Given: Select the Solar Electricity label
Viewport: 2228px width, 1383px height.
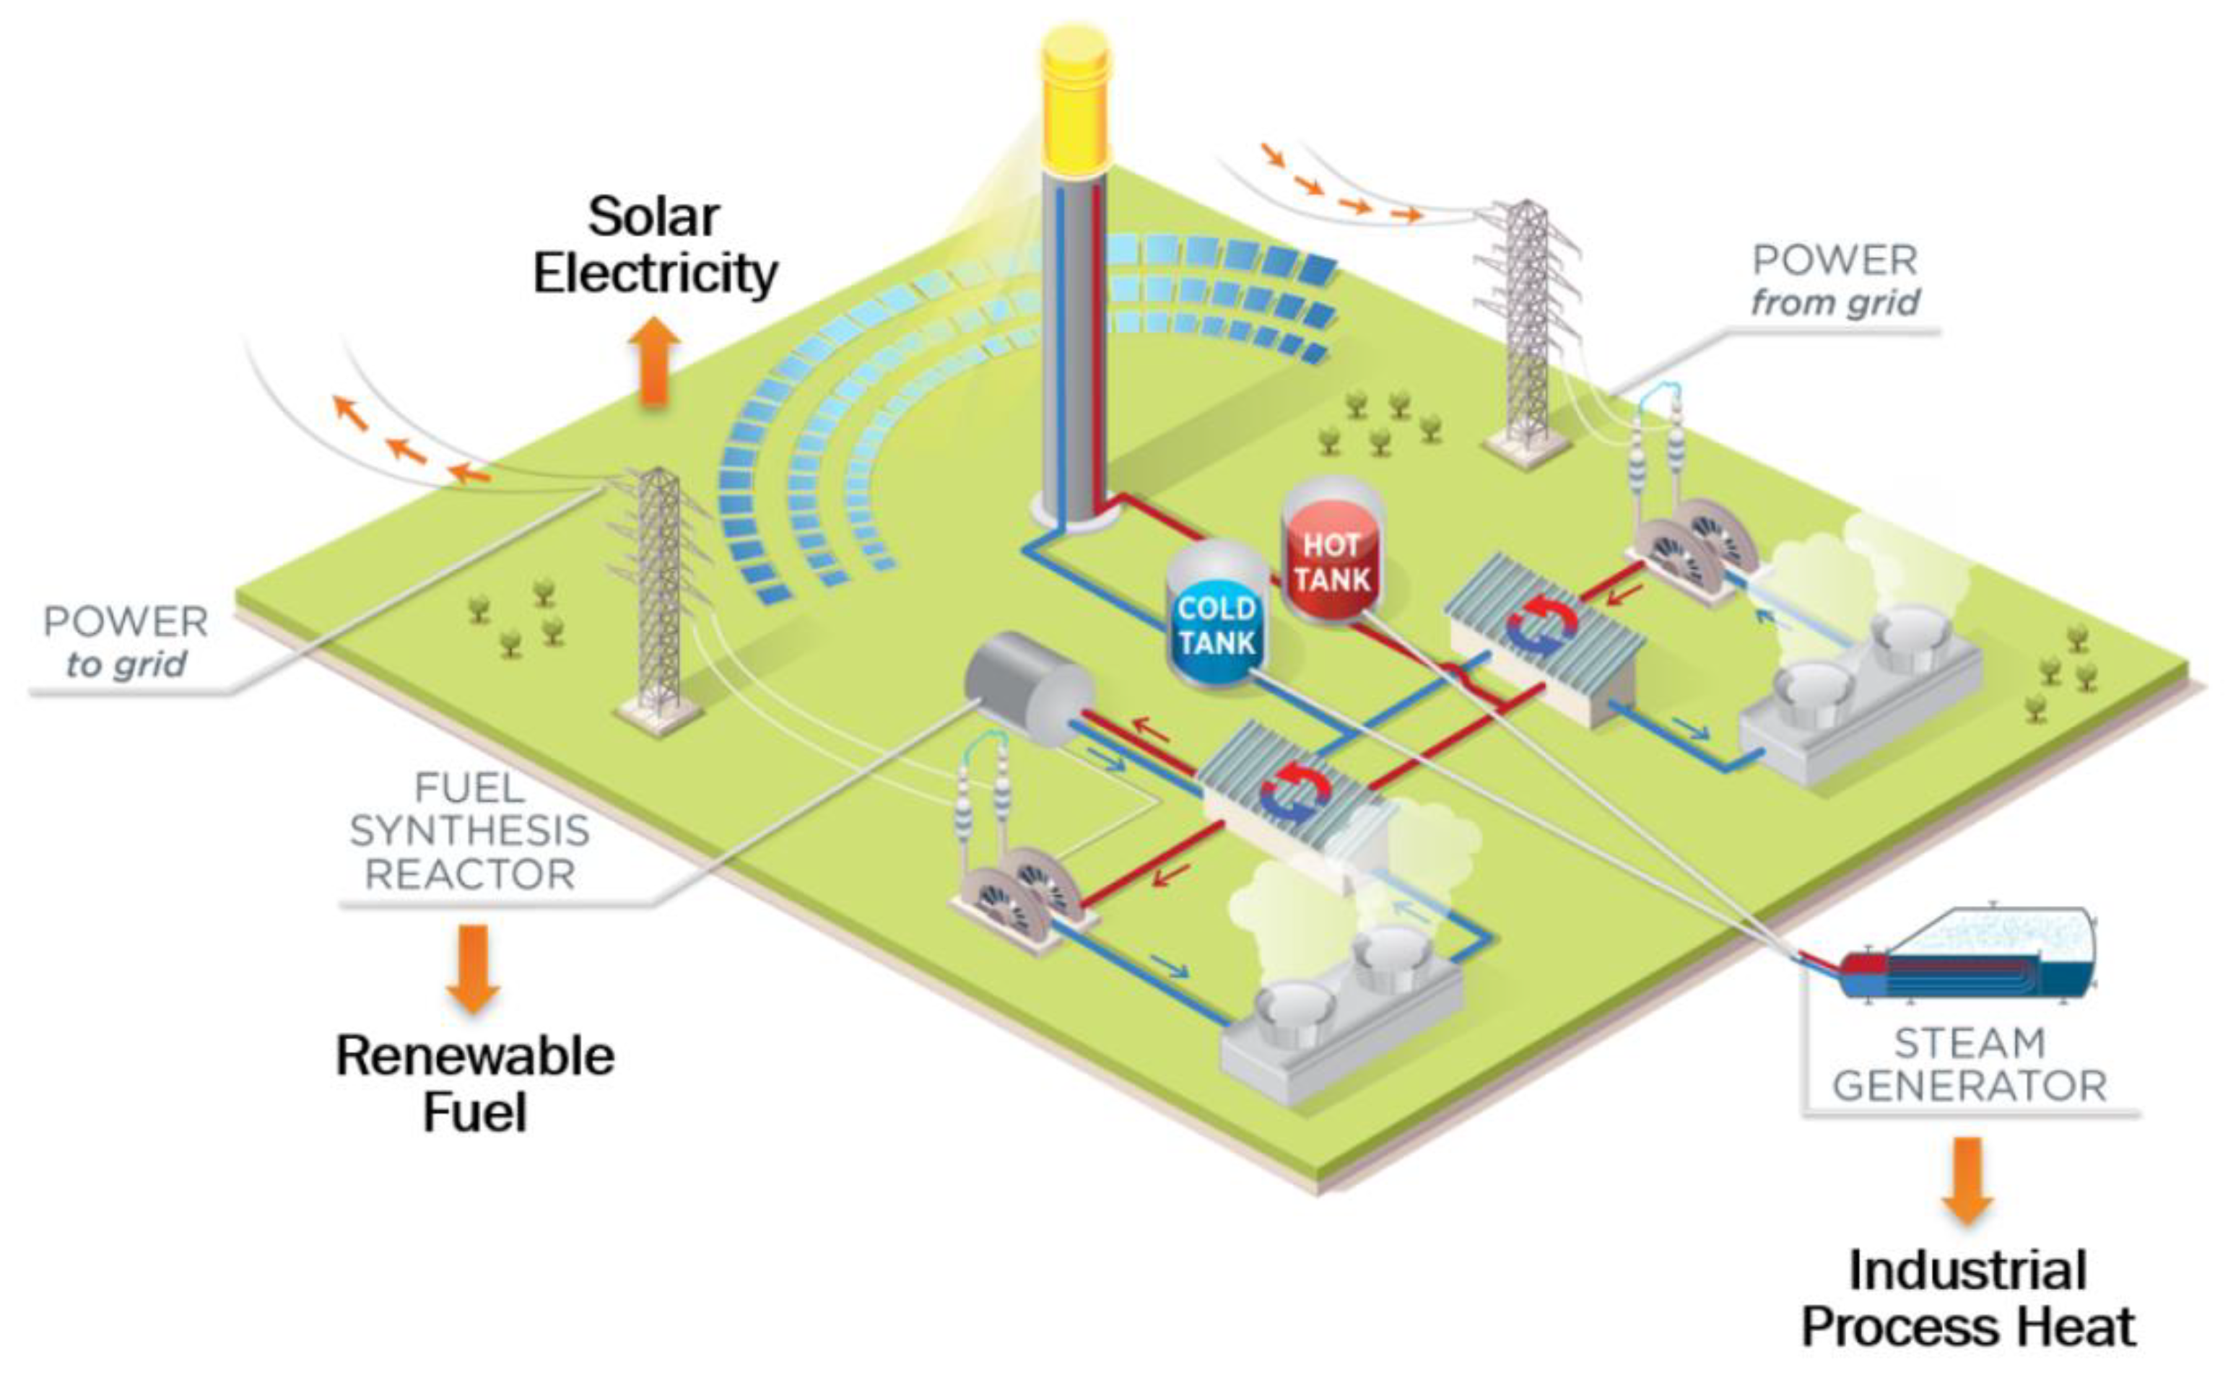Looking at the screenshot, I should [655, 245].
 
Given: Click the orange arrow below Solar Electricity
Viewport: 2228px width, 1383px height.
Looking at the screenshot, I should [654, 362].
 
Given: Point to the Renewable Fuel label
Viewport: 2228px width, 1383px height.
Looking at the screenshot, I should [474, 1084].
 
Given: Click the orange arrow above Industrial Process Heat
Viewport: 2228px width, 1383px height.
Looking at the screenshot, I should [1967, 1180].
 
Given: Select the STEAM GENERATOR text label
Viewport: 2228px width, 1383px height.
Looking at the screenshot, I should [1968, 1065].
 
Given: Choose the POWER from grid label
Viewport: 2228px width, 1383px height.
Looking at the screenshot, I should [1835, 281].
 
